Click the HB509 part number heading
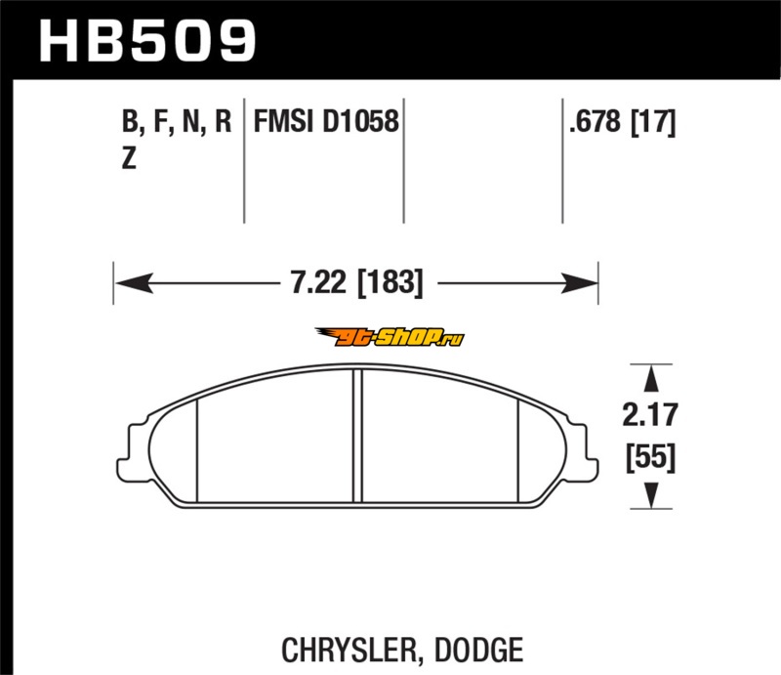(x=147, y=41)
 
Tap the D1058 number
(x=360, y=121)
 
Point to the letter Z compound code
(x=129, y=158)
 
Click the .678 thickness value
(x=596, y=121)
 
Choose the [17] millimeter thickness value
(x=653, y=122)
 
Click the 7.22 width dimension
(x=318, y=282)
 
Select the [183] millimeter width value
(x=390, y=283)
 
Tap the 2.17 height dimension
(x=650, y=415)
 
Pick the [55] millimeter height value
(x=650, y=457)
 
